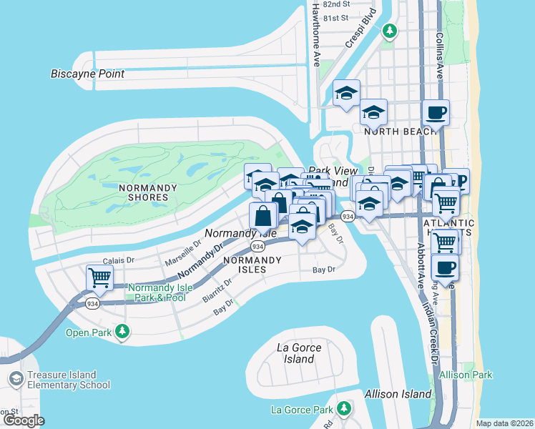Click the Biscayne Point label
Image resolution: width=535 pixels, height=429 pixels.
pos(88,74)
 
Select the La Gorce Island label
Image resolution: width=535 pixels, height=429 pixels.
pos(299,353)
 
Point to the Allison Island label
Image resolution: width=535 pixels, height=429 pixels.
pos(398,394)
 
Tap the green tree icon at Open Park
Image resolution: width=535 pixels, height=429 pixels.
pos(124,332)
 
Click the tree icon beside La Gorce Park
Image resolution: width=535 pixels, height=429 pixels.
pos(345,409)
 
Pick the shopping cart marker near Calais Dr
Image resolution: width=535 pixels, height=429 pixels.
pos(99,277)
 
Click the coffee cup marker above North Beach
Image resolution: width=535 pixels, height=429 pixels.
pos(435,112)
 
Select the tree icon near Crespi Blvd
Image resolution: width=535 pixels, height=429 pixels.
pos(390,31)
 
